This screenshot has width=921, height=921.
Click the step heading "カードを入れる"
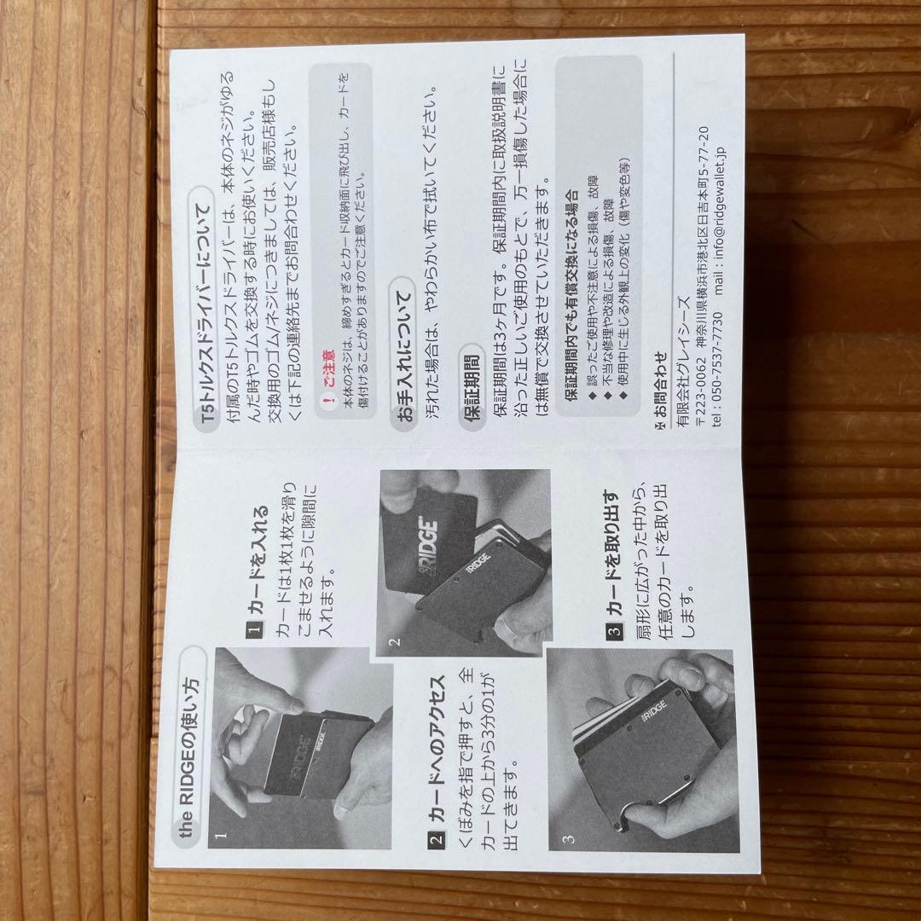[x=258, y=561]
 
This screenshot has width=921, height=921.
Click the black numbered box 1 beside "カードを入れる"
[x=254, y=629]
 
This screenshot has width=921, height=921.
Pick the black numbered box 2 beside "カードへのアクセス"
[x=436, y=838]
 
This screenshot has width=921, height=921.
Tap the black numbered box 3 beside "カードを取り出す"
[x=614, y=632]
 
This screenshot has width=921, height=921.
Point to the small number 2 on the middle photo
[x=394, y=642]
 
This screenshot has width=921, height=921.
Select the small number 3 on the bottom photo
[x=568, y=839]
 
